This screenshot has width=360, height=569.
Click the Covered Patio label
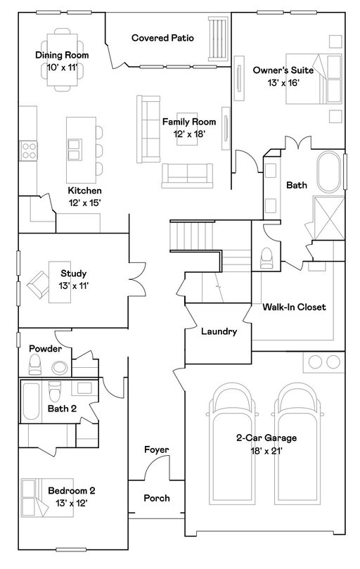162,38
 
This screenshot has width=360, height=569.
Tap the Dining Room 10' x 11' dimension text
62,68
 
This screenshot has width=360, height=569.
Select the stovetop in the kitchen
29,151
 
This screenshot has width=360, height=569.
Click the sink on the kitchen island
75,150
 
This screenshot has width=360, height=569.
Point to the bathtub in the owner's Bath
329,172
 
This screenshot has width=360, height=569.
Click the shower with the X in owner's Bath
328,218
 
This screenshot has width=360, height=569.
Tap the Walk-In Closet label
294,307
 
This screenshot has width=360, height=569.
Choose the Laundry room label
219,331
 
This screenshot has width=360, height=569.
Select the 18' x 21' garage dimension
266,451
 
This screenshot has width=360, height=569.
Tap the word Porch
157,498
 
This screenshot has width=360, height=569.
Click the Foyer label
157,450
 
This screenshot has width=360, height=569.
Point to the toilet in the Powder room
35,364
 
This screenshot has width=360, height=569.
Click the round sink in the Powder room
60,368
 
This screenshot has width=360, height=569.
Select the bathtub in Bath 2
31,401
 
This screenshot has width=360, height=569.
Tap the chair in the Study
37,284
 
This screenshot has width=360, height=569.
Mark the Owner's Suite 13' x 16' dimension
283,83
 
